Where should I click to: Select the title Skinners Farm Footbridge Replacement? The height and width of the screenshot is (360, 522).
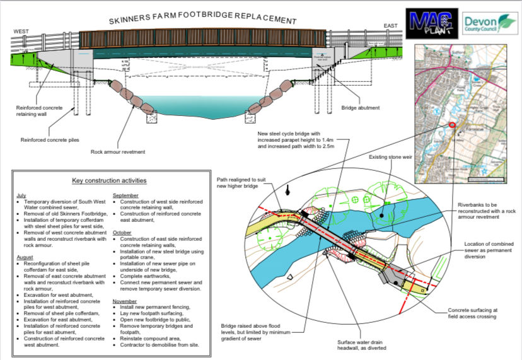pos(202,19)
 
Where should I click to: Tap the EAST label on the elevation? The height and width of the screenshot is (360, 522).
pos(391,26)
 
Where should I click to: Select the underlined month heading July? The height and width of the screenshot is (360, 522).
pos(22,195)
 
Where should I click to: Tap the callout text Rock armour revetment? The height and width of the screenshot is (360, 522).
pos(118,152)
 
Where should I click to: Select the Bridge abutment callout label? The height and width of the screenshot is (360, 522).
pos(360,108)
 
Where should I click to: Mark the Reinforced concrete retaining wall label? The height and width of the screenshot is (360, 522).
pos(39,112)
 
